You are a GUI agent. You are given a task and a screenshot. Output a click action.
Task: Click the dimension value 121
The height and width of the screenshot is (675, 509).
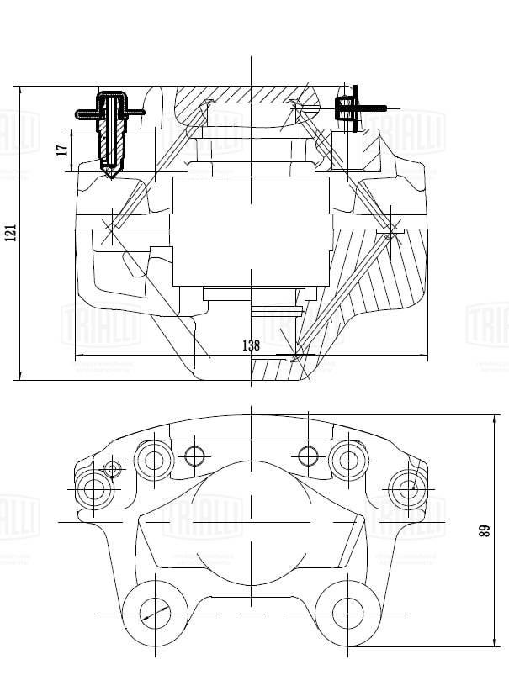tap(11, 232)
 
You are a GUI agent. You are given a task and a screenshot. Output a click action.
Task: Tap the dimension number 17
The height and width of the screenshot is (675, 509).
tap(61, 149)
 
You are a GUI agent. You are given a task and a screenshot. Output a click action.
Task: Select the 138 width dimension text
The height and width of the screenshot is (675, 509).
tap(250, 345)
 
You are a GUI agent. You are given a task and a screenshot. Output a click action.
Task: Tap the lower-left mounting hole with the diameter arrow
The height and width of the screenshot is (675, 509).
tap(154, 611)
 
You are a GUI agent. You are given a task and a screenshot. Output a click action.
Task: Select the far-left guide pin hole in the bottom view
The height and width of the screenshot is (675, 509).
tap(94, 490)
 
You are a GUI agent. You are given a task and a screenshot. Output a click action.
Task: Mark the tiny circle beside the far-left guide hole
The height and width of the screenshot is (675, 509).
tap(112, 468)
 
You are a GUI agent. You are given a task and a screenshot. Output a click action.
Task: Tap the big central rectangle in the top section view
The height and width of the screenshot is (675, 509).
tap(250, 230)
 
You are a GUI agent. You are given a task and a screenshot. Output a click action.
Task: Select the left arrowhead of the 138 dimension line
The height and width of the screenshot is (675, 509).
tap(78, 354)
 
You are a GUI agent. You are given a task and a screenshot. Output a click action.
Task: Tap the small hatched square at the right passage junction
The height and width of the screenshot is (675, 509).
tap(389, 230)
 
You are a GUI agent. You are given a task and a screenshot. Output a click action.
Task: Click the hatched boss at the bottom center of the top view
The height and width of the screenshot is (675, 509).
tap(278, 368)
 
